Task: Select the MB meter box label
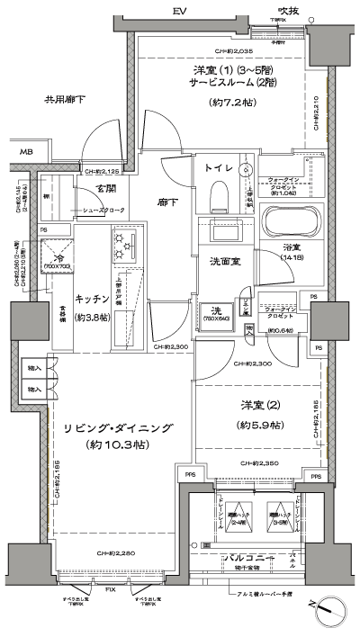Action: point(27,153)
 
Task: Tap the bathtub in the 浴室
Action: point(288,220)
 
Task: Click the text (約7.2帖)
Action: point(233,102)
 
